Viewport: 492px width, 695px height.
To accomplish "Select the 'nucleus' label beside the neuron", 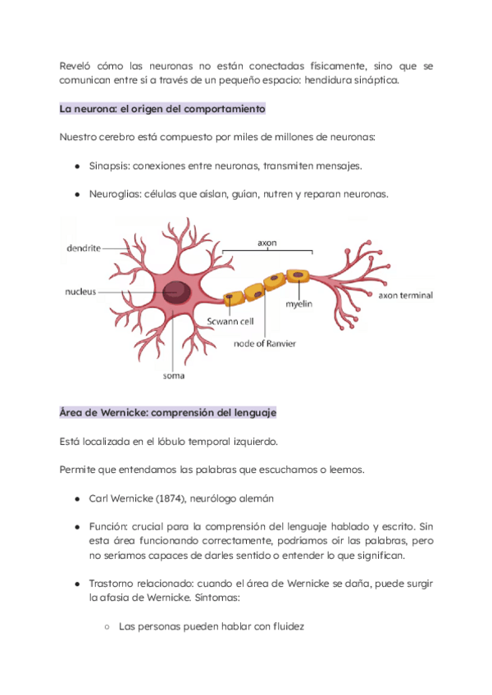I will [81, 291].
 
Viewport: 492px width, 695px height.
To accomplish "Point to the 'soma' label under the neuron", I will [173, 377].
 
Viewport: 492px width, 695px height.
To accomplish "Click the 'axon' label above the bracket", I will [268, 243].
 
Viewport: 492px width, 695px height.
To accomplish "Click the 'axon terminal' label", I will [405, 295].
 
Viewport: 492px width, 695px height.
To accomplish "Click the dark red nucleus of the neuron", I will [175, 292].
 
